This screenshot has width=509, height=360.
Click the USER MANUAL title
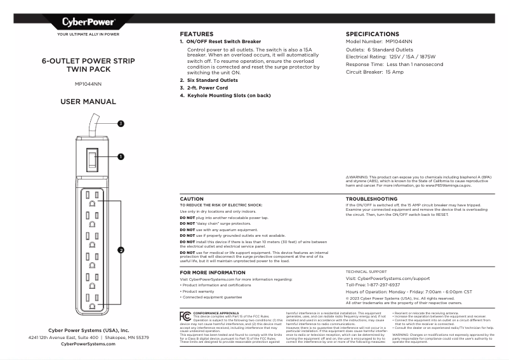88,102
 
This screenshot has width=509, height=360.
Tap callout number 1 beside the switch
120,156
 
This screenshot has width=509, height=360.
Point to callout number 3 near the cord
120,124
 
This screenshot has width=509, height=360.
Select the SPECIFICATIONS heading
372,34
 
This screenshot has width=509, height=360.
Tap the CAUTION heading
192,199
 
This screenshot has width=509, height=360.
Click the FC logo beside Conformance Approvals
185,315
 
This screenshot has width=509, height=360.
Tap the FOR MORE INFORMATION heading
212,272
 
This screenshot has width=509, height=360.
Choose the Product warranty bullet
199,291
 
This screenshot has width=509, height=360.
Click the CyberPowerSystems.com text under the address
88,344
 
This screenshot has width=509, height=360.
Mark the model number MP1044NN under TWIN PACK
88,83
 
